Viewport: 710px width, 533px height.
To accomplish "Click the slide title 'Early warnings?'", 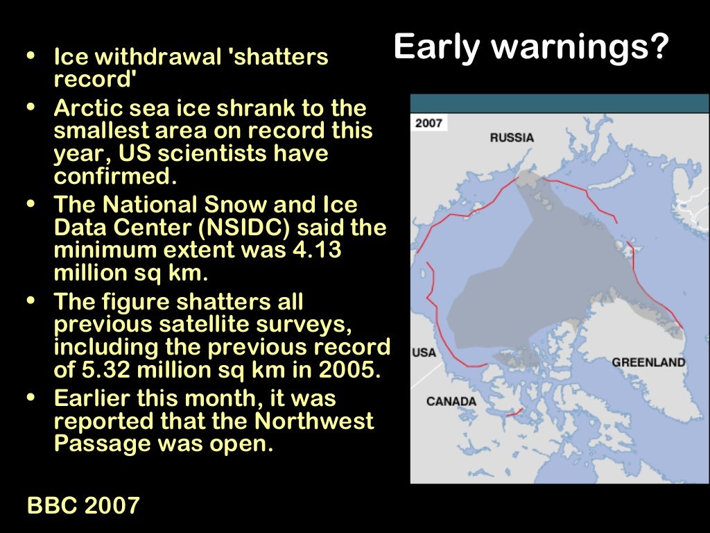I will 531,48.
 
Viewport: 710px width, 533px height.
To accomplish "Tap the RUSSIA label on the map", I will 512,137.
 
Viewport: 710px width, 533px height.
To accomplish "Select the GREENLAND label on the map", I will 648,362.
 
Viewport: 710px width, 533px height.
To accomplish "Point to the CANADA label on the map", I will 451,401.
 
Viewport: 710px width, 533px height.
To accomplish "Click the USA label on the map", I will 424,353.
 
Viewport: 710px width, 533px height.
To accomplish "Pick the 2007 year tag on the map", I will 428,123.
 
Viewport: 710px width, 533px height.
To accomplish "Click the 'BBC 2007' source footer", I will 83,505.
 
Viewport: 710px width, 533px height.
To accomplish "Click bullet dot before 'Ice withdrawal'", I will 31,56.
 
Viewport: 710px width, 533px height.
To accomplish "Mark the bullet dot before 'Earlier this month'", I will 31,398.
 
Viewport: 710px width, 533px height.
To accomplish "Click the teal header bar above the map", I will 560,103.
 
